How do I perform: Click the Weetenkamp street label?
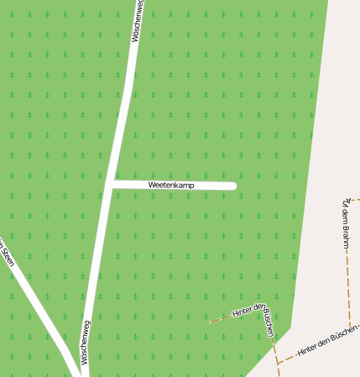coord(171,184)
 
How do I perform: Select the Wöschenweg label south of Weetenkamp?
coord(85,342)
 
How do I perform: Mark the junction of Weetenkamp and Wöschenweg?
coord(112,183)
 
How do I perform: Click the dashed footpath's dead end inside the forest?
coord(209,322)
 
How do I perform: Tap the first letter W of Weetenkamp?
coord(151,184)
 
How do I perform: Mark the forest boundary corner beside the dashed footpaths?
coord(290,327)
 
